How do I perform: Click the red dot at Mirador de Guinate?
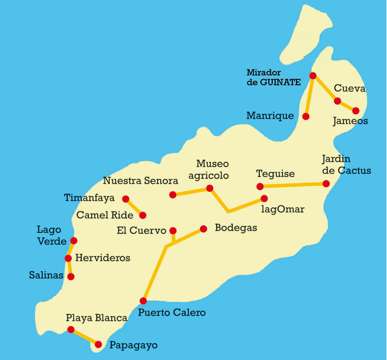click(x=313, y=75)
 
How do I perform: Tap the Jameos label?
click(x=350, y=121)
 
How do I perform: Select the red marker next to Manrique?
click(x=306, y=116)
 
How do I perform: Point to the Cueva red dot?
click(x=337, y=101)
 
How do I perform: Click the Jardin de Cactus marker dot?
click(x=326, y=184)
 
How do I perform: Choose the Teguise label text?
click(x=275, y=174)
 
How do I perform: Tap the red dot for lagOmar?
click(x=264, y=198)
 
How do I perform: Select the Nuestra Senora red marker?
click(x=173, y=195)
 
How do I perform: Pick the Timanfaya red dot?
click(x=126, y=199)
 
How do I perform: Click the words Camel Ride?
click(x=104, y=215)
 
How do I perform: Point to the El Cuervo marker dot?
click(x=173, y=230)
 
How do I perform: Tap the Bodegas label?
click(x=236, y=228)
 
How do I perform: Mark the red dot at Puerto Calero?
click(x=143, y=301)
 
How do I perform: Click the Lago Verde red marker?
click(x=74, y=240)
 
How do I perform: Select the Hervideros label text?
click(x=103, y=258)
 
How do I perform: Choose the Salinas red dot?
click(x=71, y=276)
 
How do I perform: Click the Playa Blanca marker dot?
click(x=71, y=330)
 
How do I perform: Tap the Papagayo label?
click(x=134, y=345)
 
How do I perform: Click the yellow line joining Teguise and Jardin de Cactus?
click(x=293, y=185)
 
